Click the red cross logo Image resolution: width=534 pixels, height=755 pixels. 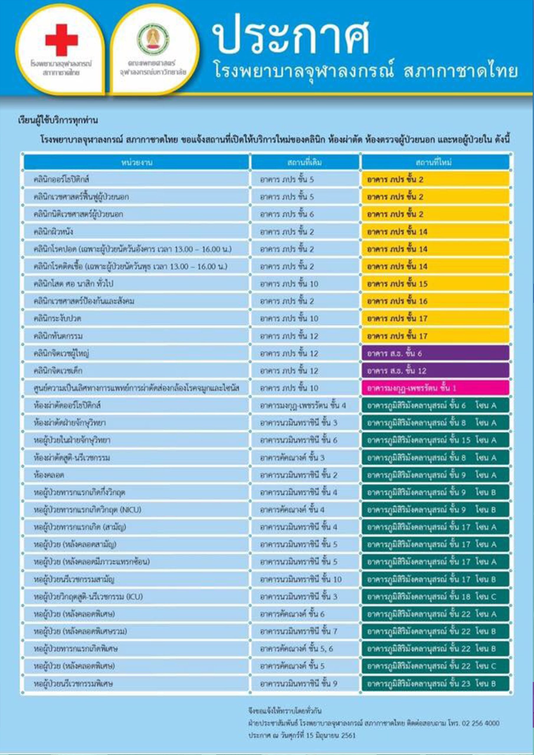click(x=62, y=40)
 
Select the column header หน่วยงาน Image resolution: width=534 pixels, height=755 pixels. click(x=137, y=163)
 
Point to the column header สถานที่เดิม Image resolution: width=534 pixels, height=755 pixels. click(x=304, y=163)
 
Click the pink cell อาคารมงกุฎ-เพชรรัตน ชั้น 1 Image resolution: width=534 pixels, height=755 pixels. click(x=435, y=388)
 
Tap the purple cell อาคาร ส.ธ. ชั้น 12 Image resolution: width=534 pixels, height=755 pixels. click(x=435, y=371)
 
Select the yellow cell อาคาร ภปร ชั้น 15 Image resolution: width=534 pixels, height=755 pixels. click(x=435, y=284)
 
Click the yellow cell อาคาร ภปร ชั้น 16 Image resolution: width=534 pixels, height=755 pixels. click(x=435, y=301)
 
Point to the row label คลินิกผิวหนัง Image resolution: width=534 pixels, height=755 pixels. click(x=53, y=232)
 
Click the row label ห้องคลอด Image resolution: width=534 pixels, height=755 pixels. click(x=49, y=475)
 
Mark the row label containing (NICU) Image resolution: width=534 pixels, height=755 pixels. click(x=88, y=510)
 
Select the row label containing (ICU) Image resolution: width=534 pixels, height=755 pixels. click(x=88, y=597)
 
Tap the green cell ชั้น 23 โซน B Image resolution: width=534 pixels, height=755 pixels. click(x=435, y=684)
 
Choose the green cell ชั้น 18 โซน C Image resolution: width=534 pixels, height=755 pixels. click(x=435, y=597)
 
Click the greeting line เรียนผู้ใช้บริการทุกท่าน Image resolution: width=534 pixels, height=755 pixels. click(x=58, y=121)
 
